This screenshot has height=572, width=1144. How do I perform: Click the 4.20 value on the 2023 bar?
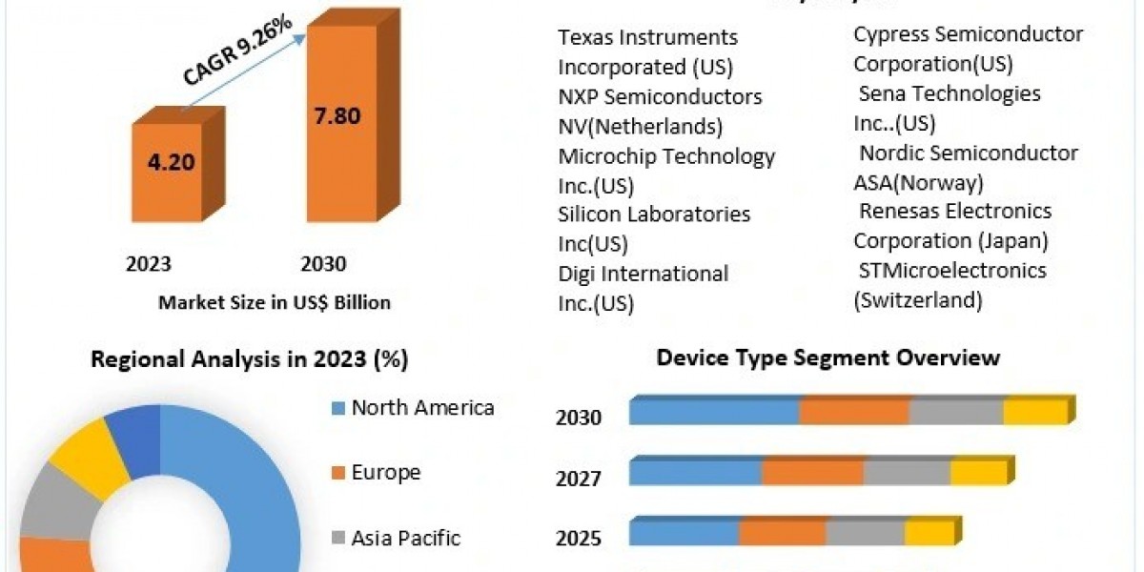172,161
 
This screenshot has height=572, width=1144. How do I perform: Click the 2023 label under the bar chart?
148,264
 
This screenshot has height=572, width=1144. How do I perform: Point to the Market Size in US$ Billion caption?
275,302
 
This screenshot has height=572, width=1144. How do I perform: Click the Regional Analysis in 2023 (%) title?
249,360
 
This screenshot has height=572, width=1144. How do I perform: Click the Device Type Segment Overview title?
827,357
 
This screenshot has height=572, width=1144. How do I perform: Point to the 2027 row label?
578,478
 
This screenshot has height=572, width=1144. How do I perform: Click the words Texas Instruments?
648,37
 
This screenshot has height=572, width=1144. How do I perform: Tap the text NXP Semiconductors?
660,96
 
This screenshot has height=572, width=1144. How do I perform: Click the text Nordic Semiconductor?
968,153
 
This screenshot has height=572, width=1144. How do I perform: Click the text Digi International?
643,274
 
